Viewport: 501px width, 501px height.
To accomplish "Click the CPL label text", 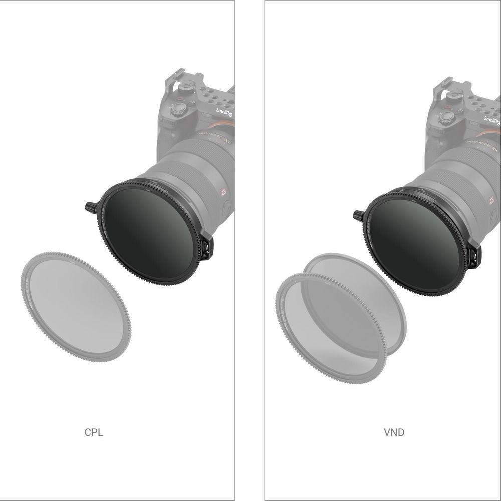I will (x=94, y=432).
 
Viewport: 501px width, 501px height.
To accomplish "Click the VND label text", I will (x=394, y=432).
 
